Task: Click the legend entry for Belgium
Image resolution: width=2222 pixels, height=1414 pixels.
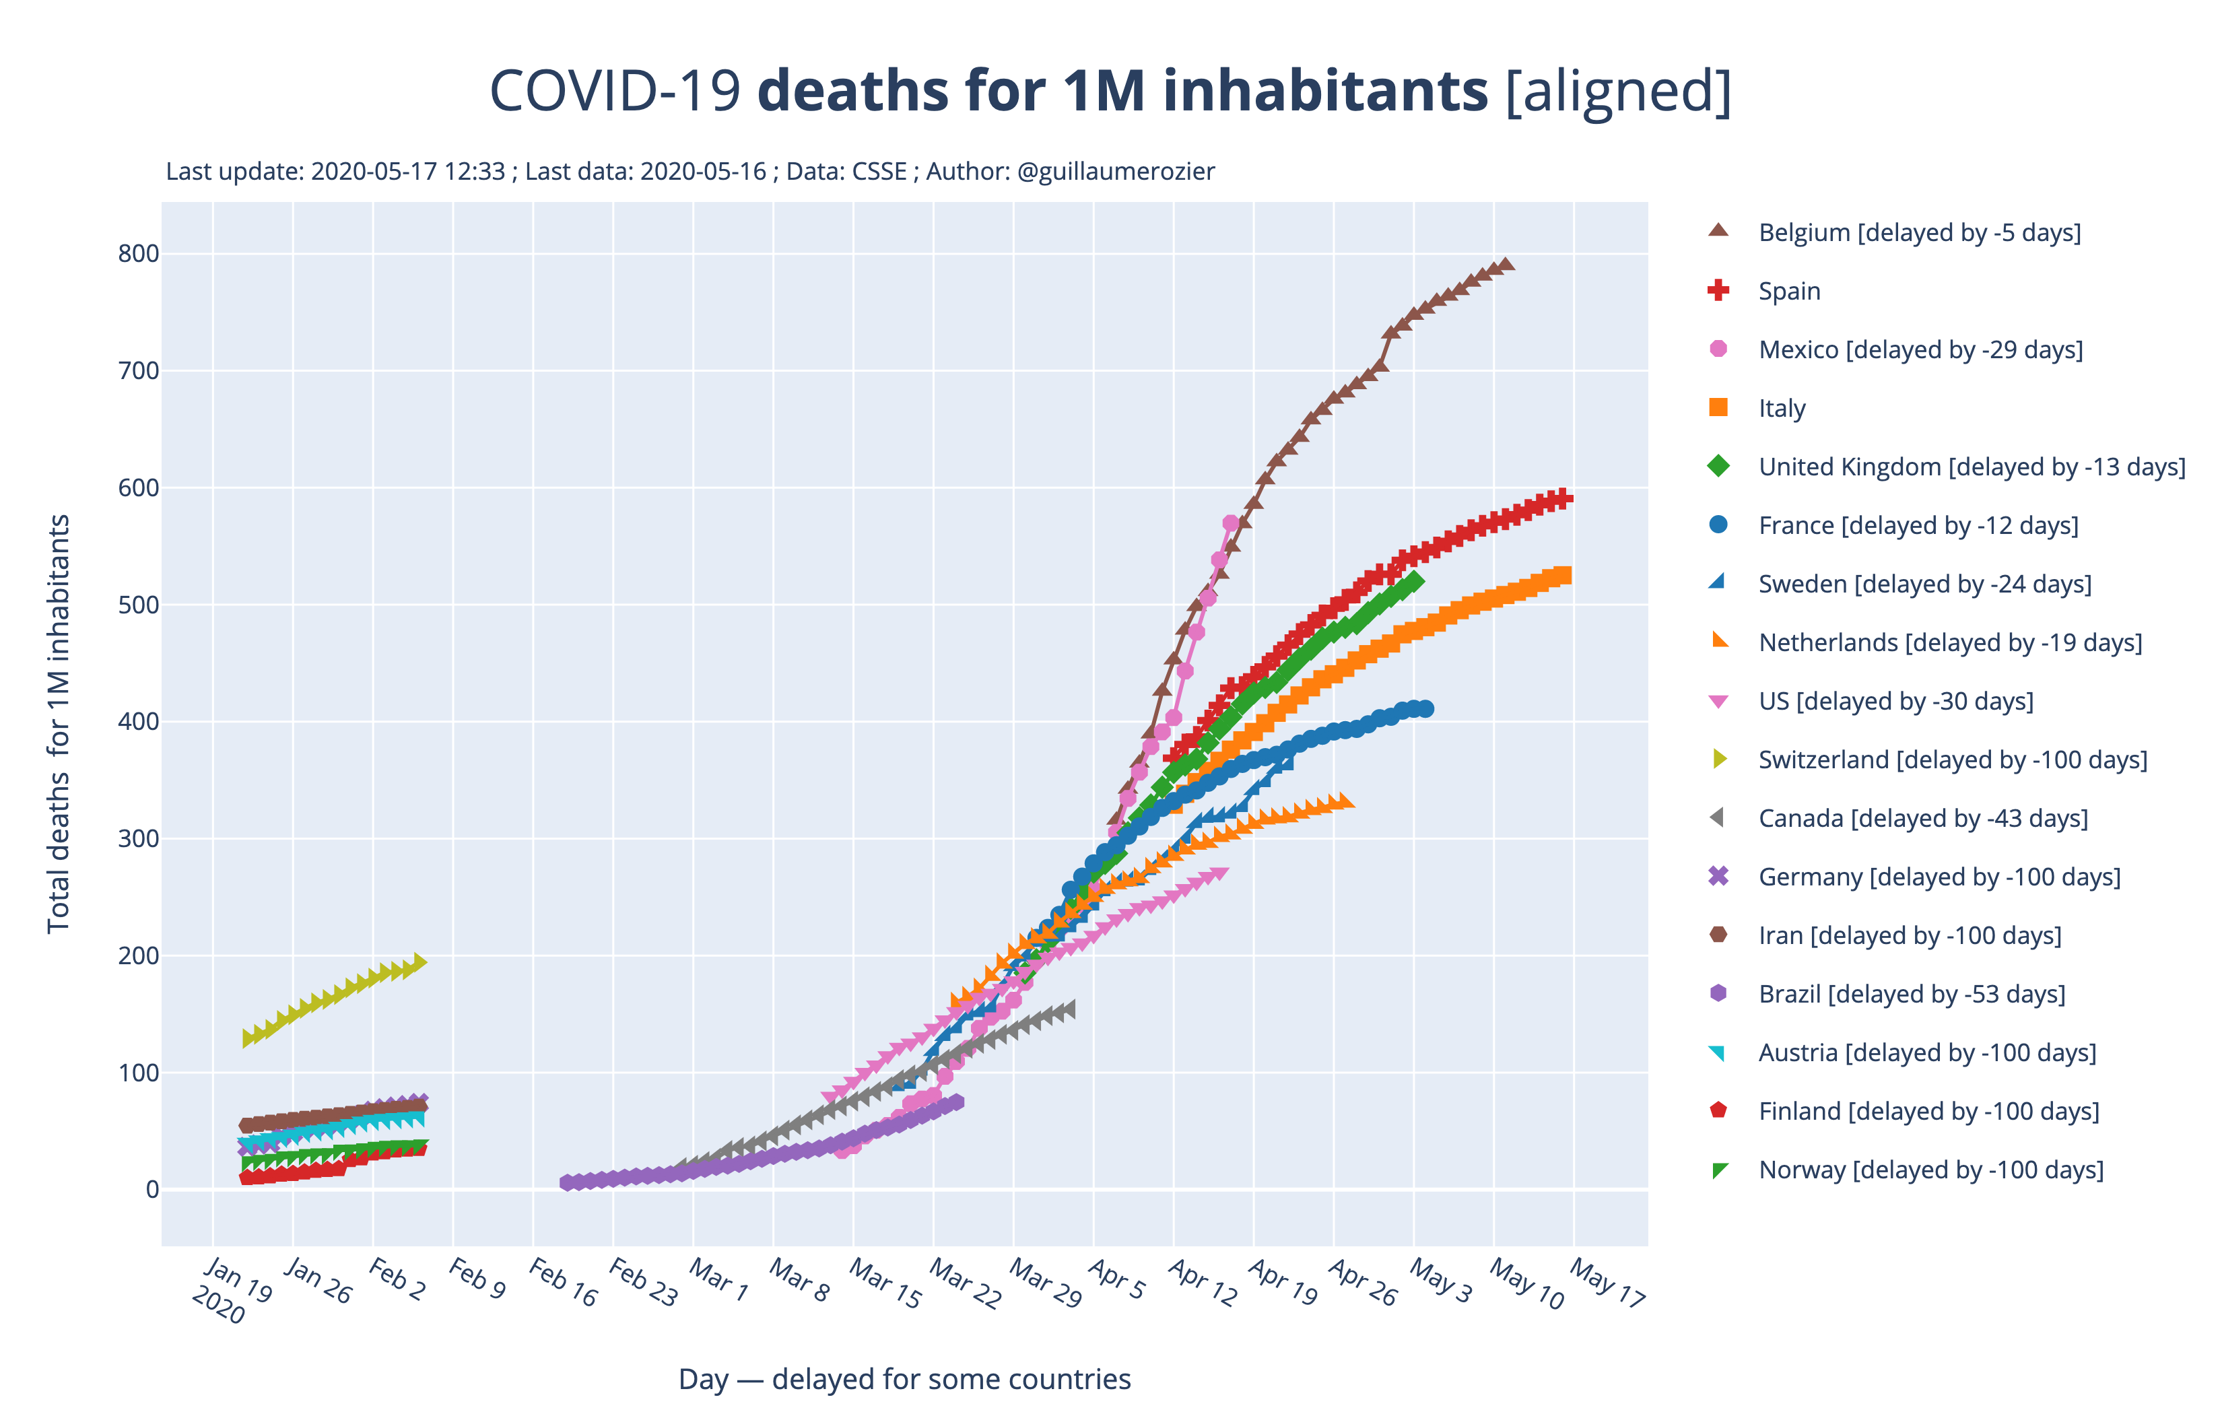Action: click(x=1919, y=232)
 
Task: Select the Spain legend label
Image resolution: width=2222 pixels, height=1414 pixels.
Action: click(x=1789, y=292)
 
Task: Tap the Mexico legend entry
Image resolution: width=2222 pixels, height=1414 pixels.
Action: click(x=1920, y=350)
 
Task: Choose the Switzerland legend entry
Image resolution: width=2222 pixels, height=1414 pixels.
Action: click(x=1953, y=760)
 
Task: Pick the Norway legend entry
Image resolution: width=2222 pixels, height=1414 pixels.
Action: click(x=1930, y=1170)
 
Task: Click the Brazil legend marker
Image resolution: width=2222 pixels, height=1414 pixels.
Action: click(x=1718, y=994)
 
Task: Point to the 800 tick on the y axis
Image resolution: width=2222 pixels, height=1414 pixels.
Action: click(x=139, y=254)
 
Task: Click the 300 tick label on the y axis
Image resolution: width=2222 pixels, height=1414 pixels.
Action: click(x=139, y=839)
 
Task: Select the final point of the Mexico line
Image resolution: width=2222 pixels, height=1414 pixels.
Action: click(x=1231, y=523)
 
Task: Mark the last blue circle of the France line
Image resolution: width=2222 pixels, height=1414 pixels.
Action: click(x=1425, y=709)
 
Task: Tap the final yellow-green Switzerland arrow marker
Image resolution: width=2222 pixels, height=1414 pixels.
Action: click(x=420, y=962)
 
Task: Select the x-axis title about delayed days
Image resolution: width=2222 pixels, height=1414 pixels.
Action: click(x=904, y=1379)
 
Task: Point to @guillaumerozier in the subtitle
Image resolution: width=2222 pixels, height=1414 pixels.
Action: click(x=1116, y=172)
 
